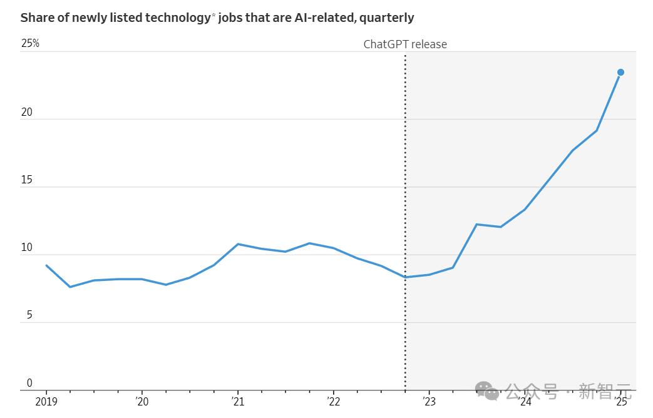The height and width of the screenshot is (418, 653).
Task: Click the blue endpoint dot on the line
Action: [x=620, y=73]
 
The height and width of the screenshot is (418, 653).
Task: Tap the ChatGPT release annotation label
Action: [x=405, y=44]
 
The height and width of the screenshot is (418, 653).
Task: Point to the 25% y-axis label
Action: [x=30, y=43]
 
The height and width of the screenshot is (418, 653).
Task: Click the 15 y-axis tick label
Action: [x=26, y=180]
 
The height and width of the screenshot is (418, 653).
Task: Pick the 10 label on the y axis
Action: [x=26, y=248]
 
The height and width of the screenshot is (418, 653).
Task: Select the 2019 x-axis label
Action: [x=46, y=401]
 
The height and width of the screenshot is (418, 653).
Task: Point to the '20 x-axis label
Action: [x=141, y=401]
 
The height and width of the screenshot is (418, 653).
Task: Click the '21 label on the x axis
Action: [x=237, y=401]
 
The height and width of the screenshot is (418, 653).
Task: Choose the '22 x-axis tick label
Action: [x=333, y=401]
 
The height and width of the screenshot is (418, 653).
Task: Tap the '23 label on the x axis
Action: [x=429, y=401]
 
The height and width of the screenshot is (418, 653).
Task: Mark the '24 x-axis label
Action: [x=525, y=401]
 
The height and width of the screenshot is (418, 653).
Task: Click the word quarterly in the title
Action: [x=387, y=18]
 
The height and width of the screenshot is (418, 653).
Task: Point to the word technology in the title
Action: [x=177, y=18]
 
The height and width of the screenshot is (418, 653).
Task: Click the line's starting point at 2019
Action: [x=46, y=265]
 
